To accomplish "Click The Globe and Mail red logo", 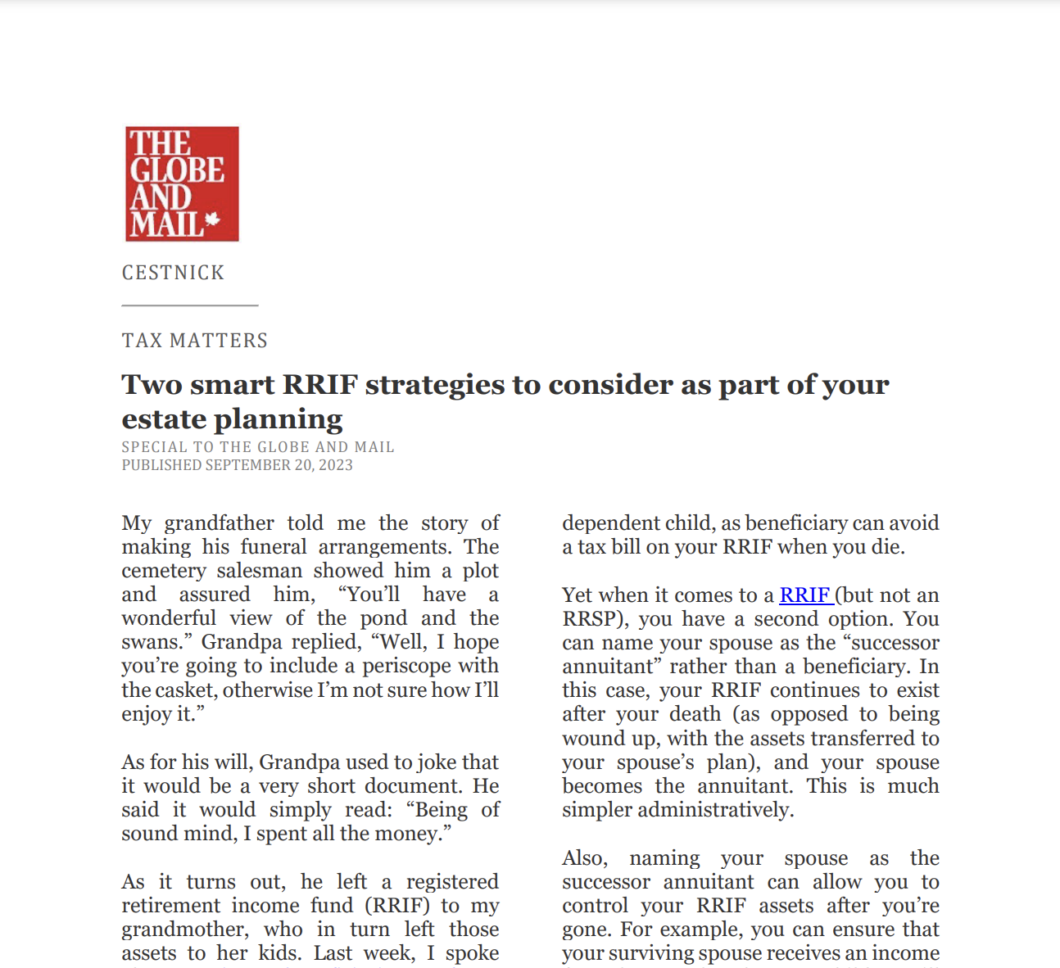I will pos(182,183).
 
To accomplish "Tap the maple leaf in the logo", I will pos(213,219).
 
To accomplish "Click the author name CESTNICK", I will pos(173,273).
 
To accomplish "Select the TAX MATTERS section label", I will pos(195,341).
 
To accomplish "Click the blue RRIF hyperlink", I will pos(805,595).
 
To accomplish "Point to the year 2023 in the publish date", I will pos(336,465).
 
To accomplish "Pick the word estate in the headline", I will pos(164,419).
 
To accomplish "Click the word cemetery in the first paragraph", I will pos(164,571).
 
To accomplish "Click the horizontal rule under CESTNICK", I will pos(190,305).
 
